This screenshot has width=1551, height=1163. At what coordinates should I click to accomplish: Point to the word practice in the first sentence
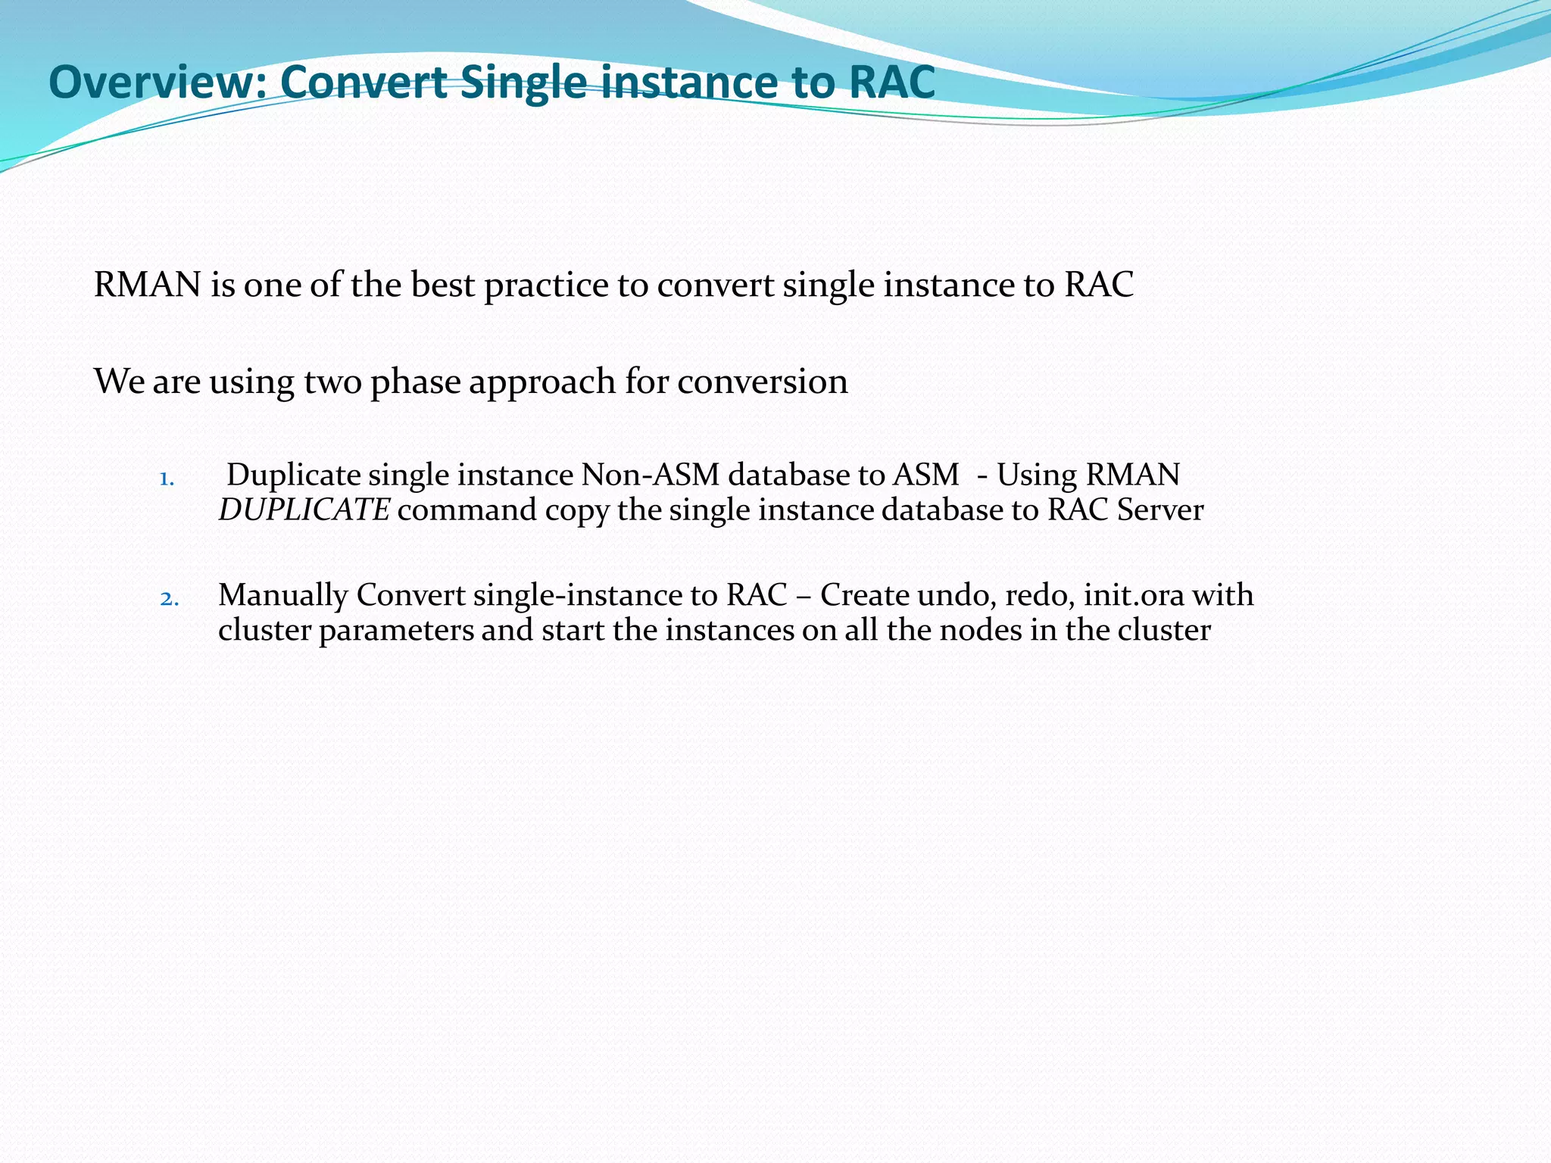(546, 285)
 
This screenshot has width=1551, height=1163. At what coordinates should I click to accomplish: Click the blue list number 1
(167, 479)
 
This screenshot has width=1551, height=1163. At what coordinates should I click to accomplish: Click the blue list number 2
(169, 600)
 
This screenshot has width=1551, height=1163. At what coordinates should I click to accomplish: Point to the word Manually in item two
(282, 595)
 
